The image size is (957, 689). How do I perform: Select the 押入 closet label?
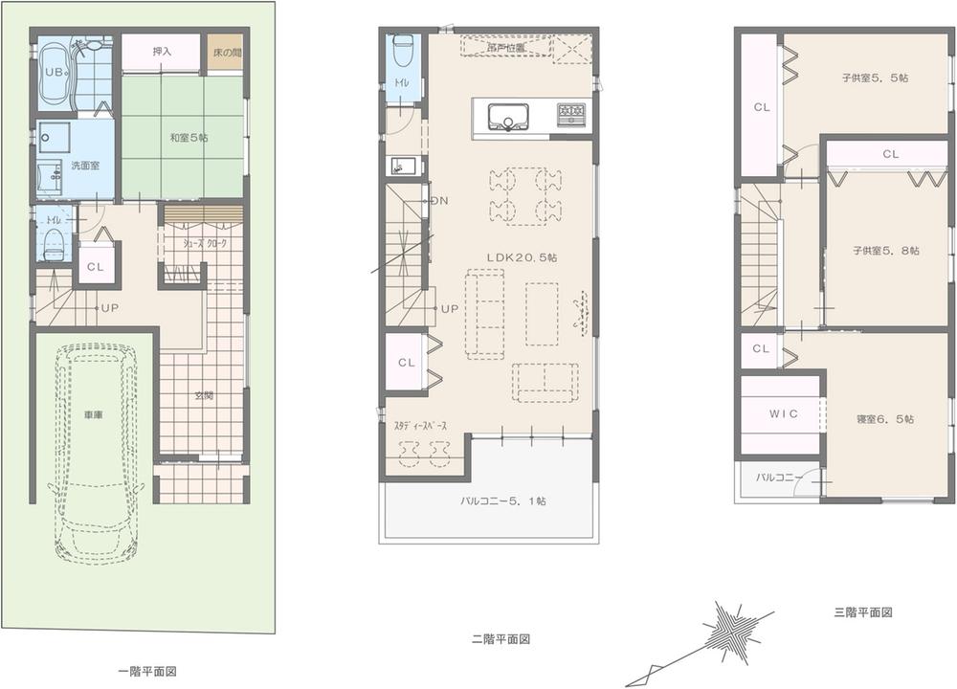pyautogui.click(x=162, y=52)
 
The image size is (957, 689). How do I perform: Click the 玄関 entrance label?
pyautogui.click(x=206, y=394)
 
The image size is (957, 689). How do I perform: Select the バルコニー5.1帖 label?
pyautogui.click(x=492, y=500)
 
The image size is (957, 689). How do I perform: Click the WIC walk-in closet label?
pyautogui.click(x=783, y=413)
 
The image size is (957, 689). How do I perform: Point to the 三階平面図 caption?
pyautogui.click(x=862, y=612)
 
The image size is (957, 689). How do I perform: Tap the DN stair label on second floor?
pyautogui.click(x=439, y=200)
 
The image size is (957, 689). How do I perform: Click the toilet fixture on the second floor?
pyautogui.click(x=403, y=48)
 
